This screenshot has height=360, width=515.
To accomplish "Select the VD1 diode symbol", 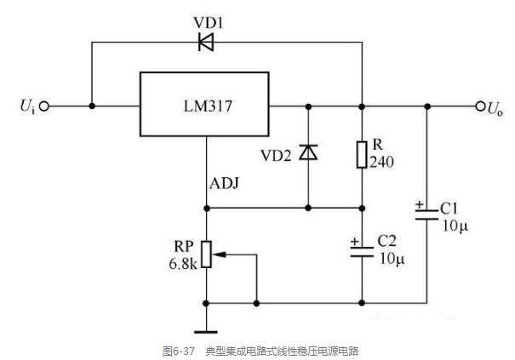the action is tap(206, 42).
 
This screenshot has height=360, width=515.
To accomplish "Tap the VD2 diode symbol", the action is tap(308, 152).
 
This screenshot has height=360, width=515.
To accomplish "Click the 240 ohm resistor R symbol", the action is tap(362, 155).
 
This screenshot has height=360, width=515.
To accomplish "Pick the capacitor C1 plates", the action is tap(426, 214).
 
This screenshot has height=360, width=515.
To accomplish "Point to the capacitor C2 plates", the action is tap(362, 251).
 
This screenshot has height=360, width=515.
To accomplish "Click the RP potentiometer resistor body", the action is tap(206, 254).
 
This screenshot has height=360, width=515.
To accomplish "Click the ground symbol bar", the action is tap(206, 332).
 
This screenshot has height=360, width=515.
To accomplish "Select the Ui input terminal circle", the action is tap(44, 106).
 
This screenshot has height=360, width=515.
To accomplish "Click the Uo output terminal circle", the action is tap(480, 106).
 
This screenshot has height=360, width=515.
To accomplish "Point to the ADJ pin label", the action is tap(225, 183).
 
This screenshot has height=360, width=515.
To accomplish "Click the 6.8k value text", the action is tap(183, 264).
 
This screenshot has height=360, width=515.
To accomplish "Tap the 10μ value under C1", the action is tap(455, 226).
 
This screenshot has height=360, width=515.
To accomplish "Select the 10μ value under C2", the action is tap(392, 259).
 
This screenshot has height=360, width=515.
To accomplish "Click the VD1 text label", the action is tap(208, 23).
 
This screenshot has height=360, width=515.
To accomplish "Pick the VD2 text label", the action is tap(276, 156).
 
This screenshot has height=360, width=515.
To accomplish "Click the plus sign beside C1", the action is tap(420, 204).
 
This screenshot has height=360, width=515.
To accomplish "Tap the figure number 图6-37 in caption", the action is tap(179, 351).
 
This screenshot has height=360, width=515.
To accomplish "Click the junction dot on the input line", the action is tap(92, 106).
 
